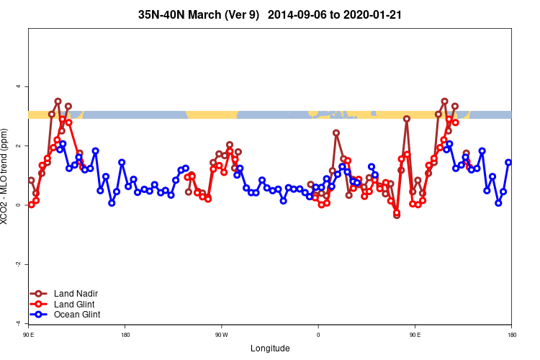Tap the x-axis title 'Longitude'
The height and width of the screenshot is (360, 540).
coord(270,348)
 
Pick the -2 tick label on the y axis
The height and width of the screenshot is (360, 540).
coord(19,264)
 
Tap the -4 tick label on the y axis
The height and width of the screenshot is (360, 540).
coord(19,323)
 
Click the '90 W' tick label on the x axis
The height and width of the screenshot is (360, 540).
coord(221,335)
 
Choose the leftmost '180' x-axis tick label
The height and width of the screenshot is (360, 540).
coord(125,335)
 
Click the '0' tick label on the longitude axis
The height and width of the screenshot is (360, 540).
coord(318,335)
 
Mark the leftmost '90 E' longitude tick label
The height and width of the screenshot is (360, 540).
coord(28,335)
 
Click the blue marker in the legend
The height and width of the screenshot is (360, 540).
coord(39,315)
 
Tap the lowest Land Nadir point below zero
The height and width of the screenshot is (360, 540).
coord(397,215)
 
